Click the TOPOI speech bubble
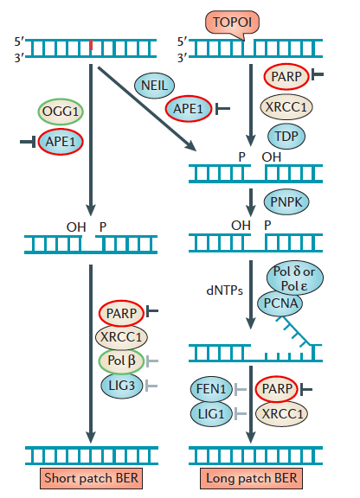click(232, 22)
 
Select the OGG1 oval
click(61, 112)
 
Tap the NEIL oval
click(154, 86)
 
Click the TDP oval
click(286, 137)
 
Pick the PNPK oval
click(286, 201)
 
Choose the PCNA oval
click(280, 303)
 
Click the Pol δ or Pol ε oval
click(295, 278)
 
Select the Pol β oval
click(121, 361)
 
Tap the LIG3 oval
click(121, 386)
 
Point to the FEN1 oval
click(211, 389)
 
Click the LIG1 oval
click(211, 414)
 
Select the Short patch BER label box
click(91, 478)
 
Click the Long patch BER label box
click(251, 478)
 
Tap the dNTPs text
click(224, 290)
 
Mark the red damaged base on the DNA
click(91, 45)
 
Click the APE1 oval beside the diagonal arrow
click(189, 109)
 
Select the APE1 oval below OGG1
click(61, 142)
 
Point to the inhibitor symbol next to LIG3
click(151, 386)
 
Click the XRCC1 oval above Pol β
click(121, 336)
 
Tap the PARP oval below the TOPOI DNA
click(286, 77)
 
